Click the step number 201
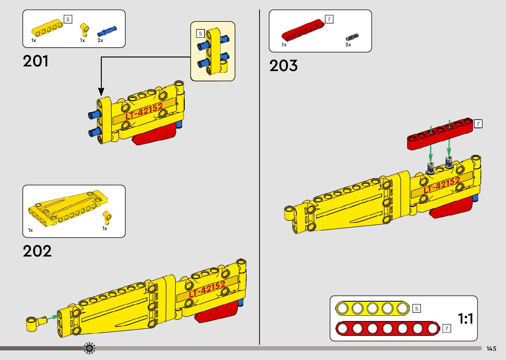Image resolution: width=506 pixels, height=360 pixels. click(x=36, y=61)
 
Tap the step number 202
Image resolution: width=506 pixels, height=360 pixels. click(x=37, y=251)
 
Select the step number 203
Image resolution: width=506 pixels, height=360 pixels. click(x=283, y=65)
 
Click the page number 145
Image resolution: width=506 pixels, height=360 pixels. click(x=491, y=349)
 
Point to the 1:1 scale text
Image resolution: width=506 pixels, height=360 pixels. click(x=465, y=319)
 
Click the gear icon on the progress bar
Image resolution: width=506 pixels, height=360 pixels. click(x=89, y=348)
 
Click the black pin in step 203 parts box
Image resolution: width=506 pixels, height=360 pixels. click(x=352, y=36)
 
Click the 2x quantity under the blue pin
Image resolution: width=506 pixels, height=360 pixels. click(x=100, y=40)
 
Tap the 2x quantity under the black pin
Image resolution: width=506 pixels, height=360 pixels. click(x=348, y=45)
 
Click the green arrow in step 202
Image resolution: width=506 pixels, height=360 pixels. click(x=52, y=317)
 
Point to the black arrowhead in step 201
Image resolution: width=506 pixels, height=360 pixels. click(x=101, y=92)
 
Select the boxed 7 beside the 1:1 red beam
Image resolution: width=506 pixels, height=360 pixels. click(x=447, y=328)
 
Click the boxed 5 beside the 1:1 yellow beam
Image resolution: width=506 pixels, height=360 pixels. click(x=416, y=308)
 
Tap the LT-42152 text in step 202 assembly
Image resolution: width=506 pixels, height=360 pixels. click(x=207, y=289)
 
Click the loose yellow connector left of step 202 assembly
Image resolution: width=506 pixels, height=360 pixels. click(x=35, y=323)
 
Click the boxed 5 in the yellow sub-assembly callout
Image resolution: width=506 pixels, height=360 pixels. click(x=200, y=34)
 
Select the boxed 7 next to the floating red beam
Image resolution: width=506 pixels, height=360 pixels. click(x=478, y=124)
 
